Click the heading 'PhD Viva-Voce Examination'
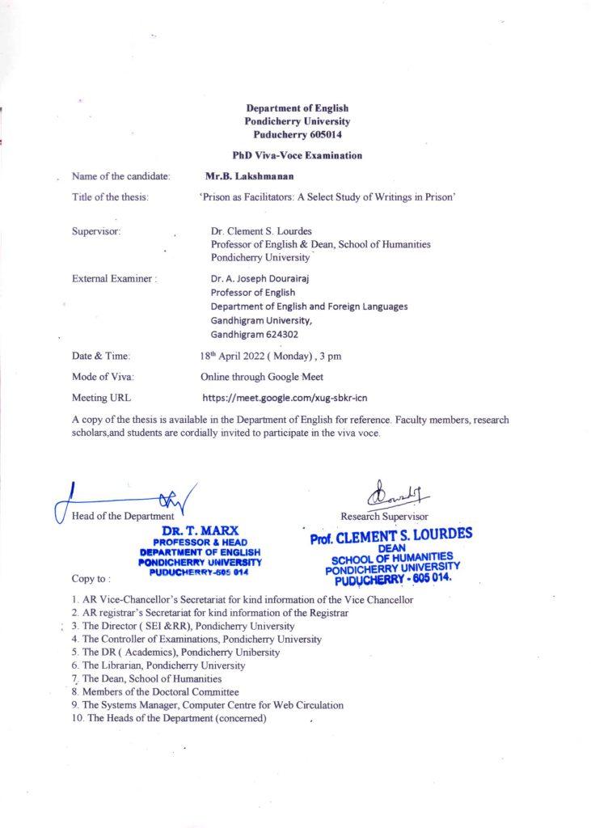pyautogui.click(x=297, y=155)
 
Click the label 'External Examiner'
pyautogui.click(x=113, y=278)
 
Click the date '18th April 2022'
pyautogui.click(x=241, y=356)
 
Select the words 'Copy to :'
pyautogui.click(x=91, y=579)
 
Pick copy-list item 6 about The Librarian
pyautogui.click(x=158, y=665)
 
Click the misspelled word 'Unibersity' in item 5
pyautogui.click(x=255, y=653)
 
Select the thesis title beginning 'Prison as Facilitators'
pyautogui.click(x=329, y=197)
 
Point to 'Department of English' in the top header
pyautogui.click(x=297, y=108)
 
